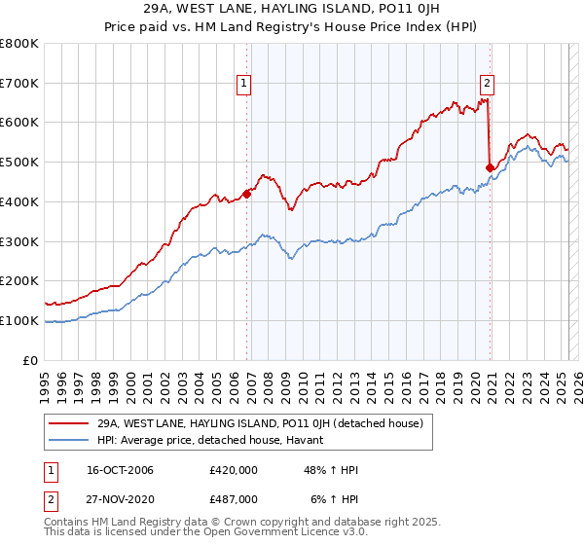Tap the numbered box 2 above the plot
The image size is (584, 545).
486,84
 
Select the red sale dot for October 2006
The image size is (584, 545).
247,194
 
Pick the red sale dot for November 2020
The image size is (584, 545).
490,167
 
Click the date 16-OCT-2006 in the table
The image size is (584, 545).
120,470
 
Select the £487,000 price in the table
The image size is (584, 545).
233,498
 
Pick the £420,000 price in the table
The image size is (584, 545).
233,470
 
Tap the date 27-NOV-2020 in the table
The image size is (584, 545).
120,498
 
